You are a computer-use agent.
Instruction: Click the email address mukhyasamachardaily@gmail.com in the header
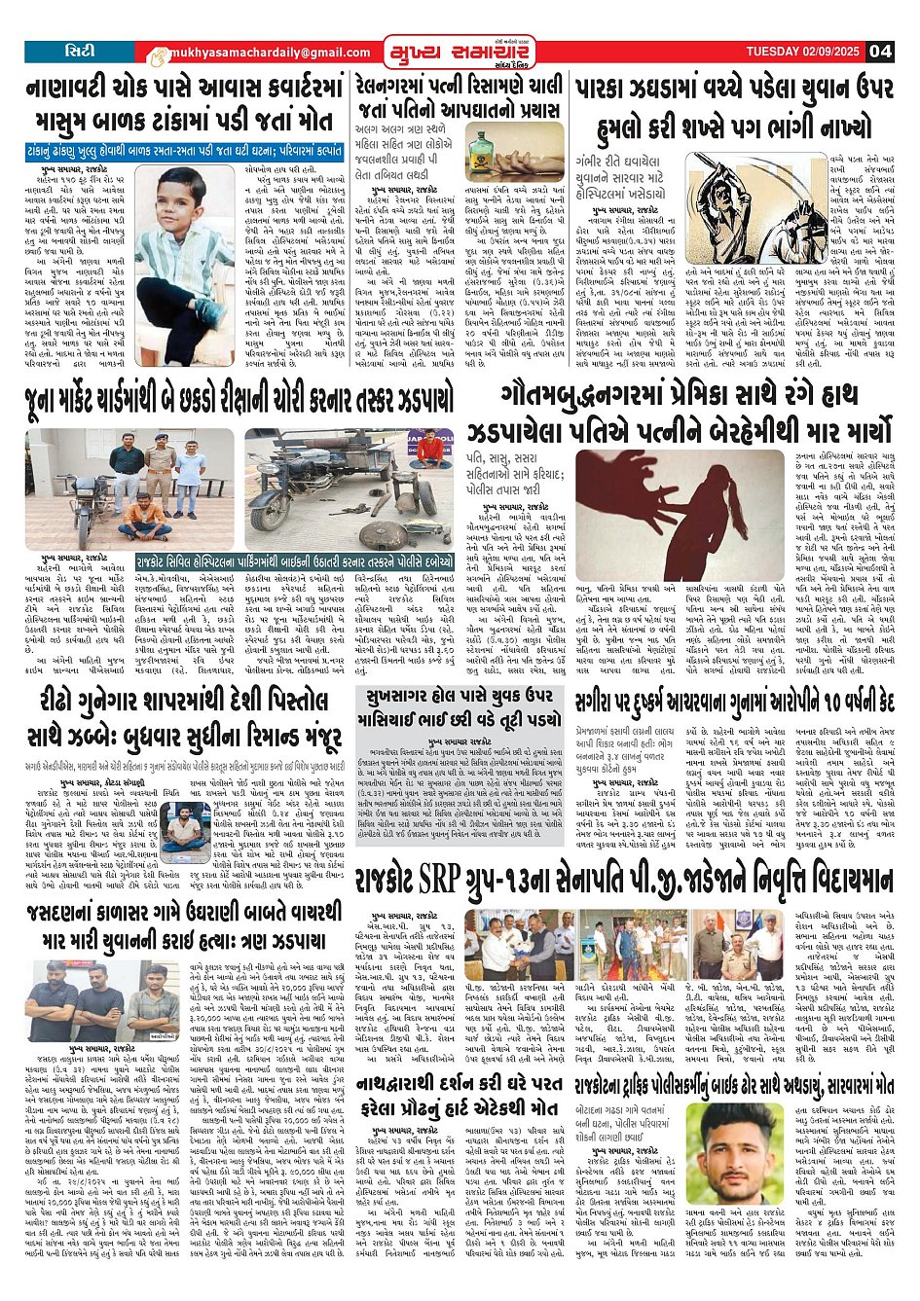click(x=255, y=53)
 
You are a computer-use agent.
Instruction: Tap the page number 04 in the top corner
click(x=881, y=52)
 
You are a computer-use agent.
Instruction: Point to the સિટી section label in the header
click(x=79, y=51)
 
